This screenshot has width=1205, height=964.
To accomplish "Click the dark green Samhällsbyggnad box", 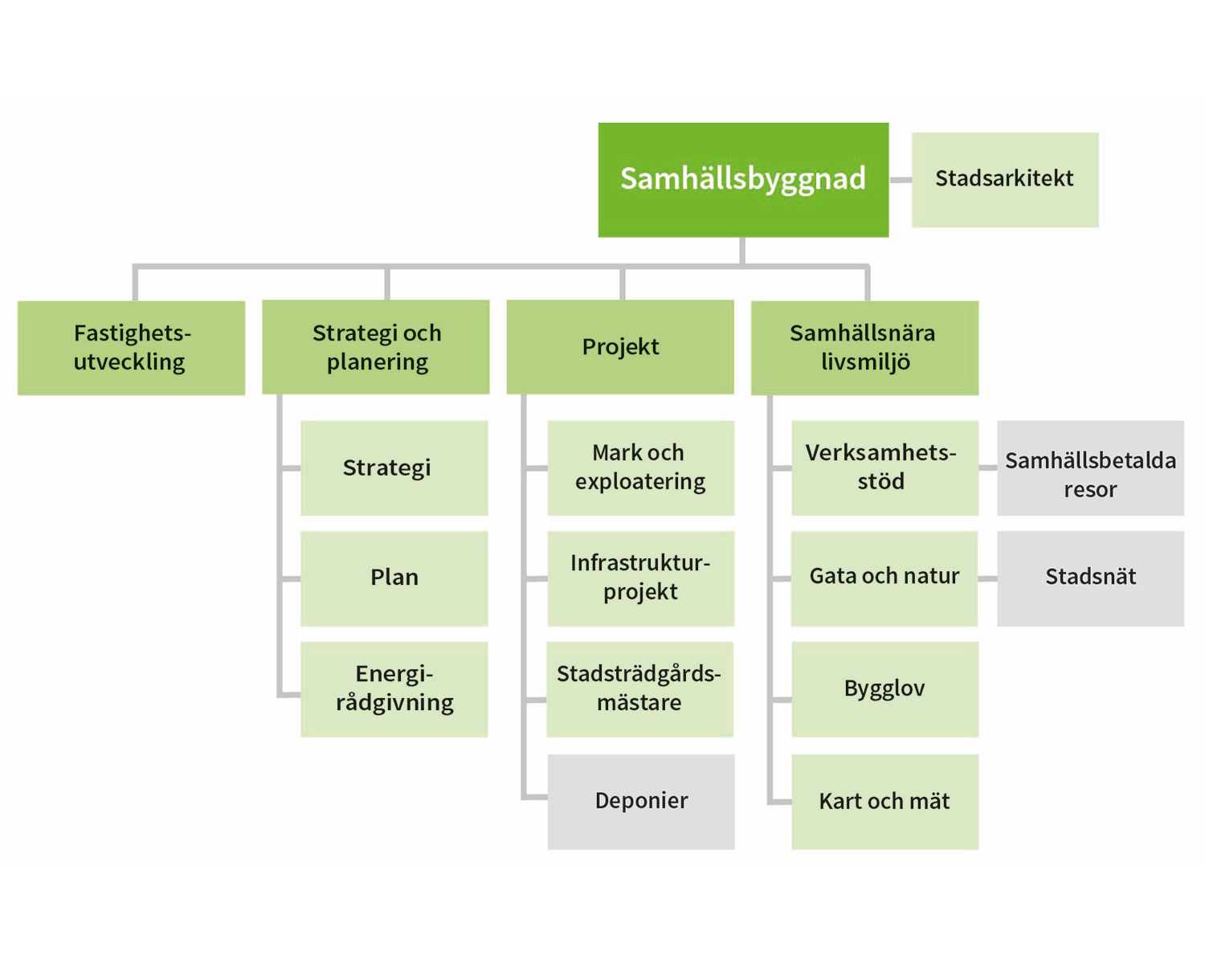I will click(743, 179).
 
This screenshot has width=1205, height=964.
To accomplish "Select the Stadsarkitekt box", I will click(1005, 179).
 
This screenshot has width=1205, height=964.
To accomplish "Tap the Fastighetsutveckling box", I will click(131, 347).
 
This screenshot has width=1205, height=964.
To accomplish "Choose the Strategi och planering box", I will click(376, 347).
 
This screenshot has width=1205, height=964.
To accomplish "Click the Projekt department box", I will click(620, 347).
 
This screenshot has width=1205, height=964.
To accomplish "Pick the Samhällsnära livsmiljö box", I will click(864, 347).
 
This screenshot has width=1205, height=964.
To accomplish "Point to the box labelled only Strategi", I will click(394, 468).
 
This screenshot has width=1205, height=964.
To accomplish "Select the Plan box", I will click(394, 578).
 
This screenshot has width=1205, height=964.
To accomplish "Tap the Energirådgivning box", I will click(394, 688).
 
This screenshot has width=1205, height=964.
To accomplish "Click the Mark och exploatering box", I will click(640, 468).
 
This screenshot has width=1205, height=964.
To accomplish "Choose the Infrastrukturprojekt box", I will click(640, 578).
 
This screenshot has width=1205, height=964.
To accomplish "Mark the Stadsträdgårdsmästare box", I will click(639, 688).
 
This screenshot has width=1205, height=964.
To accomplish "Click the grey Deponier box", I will click(640, 801).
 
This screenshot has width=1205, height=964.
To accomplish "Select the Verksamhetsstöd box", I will click(884, 468).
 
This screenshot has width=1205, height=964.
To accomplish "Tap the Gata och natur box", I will click(884, 578).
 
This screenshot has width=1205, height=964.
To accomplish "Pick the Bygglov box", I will click(884, 688).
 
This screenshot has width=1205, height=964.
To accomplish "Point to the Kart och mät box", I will click(884, 801).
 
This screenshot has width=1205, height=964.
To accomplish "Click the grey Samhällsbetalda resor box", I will click(1090, 468).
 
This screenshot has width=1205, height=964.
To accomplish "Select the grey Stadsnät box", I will click(1090, 578).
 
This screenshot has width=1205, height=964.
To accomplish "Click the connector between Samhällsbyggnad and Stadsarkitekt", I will click(901, 180).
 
